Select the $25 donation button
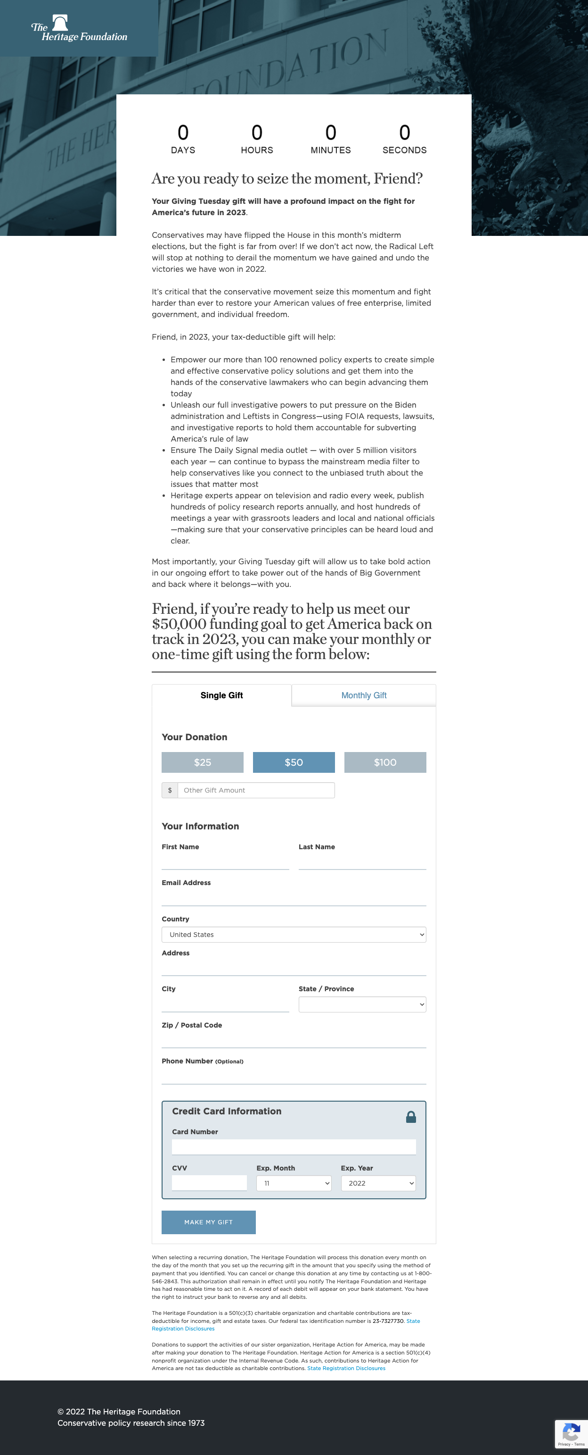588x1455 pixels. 202,762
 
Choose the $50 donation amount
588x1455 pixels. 294,762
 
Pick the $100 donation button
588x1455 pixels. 385,762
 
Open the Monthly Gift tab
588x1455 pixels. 363,695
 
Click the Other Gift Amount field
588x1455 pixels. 256,790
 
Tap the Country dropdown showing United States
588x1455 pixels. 294,934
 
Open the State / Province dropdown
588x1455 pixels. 362,1004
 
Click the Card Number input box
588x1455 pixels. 294,1146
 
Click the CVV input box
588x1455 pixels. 209,1183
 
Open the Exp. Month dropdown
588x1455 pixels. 294,1183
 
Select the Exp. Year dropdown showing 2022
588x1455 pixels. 378,1183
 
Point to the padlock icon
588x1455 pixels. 411,1117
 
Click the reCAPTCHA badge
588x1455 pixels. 571,1434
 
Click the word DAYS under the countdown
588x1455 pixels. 183,150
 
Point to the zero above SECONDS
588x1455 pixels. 404,133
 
